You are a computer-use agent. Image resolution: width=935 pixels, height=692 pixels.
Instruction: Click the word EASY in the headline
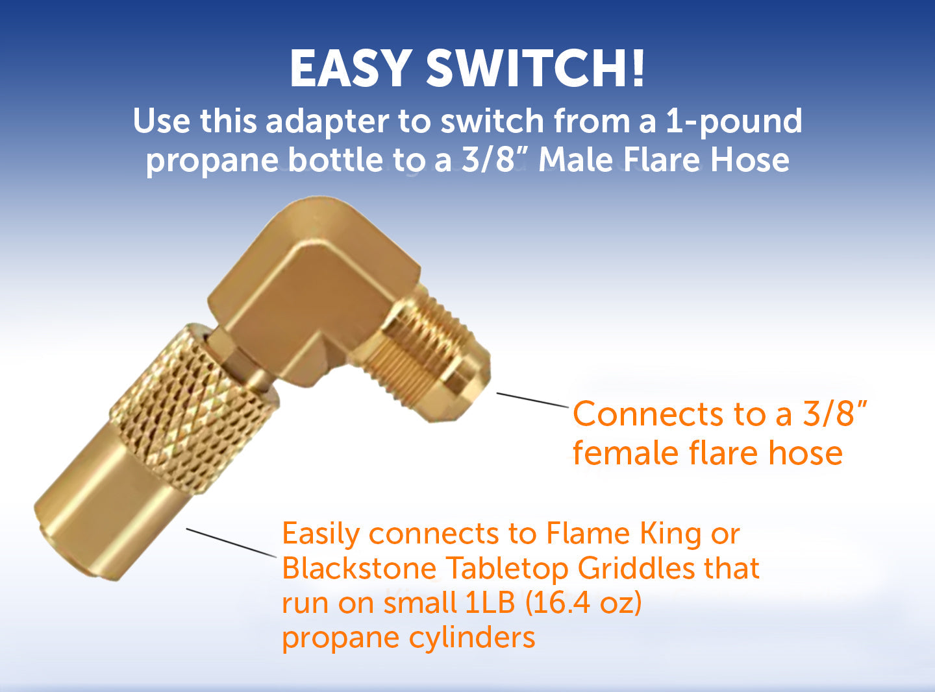coord(351,68)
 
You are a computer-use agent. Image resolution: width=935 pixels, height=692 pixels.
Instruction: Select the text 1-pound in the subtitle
coord(734,122)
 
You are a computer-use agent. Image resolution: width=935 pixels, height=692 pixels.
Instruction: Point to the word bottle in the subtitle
coord(336,160)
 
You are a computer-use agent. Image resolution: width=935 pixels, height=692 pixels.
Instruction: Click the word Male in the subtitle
coord(576,160)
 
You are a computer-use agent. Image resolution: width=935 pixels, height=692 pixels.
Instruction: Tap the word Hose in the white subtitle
coord(750,160)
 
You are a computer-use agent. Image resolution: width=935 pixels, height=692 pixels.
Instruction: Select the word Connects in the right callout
coord(647,414)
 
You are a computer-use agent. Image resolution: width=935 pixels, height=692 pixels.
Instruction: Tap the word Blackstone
coord(359,569)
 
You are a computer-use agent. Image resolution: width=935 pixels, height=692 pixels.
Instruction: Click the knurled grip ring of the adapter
coord(195,409)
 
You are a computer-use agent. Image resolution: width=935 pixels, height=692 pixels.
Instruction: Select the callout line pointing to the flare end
coord(532,400)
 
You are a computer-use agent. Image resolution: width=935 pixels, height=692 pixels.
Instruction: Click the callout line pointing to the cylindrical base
coord(231,542)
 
